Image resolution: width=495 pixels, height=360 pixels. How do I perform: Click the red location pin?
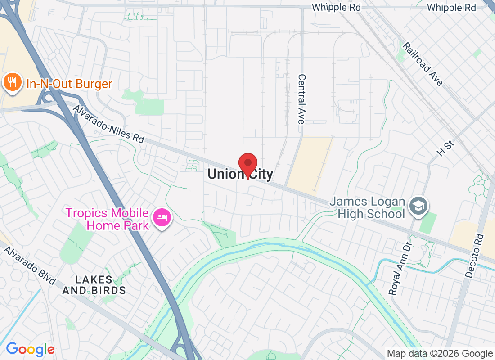point(247,165)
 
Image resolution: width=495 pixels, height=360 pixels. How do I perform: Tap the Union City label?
point(240,174)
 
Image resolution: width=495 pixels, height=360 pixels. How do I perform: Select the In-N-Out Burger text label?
point(69,84)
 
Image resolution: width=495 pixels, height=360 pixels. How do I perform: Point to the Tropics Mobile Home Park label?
point(107,219)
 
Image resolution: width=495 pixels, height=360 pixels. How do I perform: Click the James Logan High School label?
point(367,207)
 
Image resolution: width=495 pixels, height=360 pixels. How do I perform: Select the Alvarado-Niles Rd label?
point(108,124)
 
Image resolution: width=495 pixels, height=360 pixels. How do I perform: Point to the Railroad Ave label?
point(423,63)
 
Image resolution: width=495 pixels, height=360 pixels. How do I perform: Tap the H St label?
point(446,148)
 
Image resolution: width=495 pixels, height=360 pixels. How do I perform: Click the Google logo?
point(30,349)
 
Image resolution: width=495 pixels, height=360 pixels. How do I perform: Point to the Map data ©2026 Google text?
point(440,354)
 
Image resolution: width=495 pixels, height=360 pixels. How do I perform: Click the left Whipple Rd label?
point(336,7)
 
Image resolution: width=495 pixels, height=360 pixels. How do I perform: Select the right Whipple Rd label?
point(451,7)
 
